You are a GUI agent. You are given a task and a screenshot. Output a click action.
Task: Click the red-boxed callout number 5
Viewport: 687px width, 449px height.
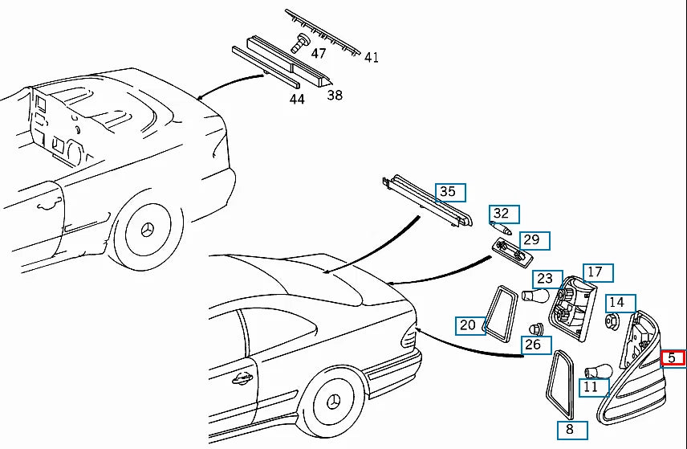[x=673, y=357]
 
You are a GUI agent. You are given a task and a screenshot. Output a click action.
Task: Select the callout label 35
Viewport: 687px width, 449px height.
[x=450, y=193]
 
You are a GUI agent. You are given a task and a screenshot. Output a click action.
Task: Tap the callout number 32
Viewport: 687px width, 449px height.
[x=504, y=214]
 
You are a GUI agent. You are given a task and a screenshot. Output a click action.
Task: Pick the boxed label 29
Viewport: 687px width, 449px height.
[x=535, y=241]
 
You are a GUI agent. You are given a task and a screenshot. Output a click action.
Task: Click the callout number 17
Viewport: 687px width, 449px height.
[x=598, y=273]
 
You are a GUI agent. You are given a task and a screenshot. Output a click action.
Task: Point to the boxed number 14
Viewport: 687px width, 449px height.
[x=620, y=304]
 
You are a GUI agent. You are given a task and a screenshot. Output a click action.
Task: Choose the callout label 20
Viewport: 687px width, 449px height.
[x=470, y=326]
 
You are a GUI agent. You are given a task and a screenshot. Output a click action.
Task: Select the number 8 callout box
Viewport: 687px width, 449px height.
[x=572, y=430]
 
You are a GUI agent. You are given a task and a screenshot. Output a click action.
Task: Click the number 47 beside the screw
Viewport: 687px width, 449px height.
[x=319, y=53]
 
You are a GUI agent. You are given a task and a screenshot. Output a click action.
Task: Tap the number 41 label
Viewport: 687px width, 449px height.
[x=372, y=57]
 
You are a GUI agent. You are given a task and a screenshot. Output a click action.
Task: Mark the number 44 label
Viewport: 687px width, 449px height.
[x=297, y=100]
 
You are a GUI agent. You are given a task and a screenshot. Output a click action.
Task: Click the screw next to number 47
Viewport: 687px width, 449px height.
[x=300, y=43]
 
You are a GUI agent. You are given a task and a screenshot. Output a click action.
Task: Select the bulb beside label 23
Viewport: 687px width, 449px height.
[x=535, y=296]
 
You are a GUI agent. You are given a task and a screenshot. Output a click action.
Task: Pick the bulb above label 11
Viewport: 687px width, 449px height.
[x=599, y=371]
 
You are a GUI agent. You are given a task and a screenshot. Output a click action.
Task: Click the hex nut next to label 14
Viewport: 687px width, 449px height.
[x=612, y=321]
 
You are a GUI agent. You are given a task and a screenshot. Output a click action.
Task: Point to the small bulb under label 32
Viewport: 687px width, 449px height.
[x=502, y=228]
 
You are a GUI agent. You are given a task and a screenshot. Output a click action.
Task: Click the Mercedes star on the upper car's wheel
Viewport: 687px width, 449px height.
[x=147, y=231]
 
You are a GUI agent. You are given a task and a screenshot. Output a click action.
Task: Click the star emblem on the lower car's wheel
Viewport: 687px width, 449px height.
[x=334, y=401]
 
